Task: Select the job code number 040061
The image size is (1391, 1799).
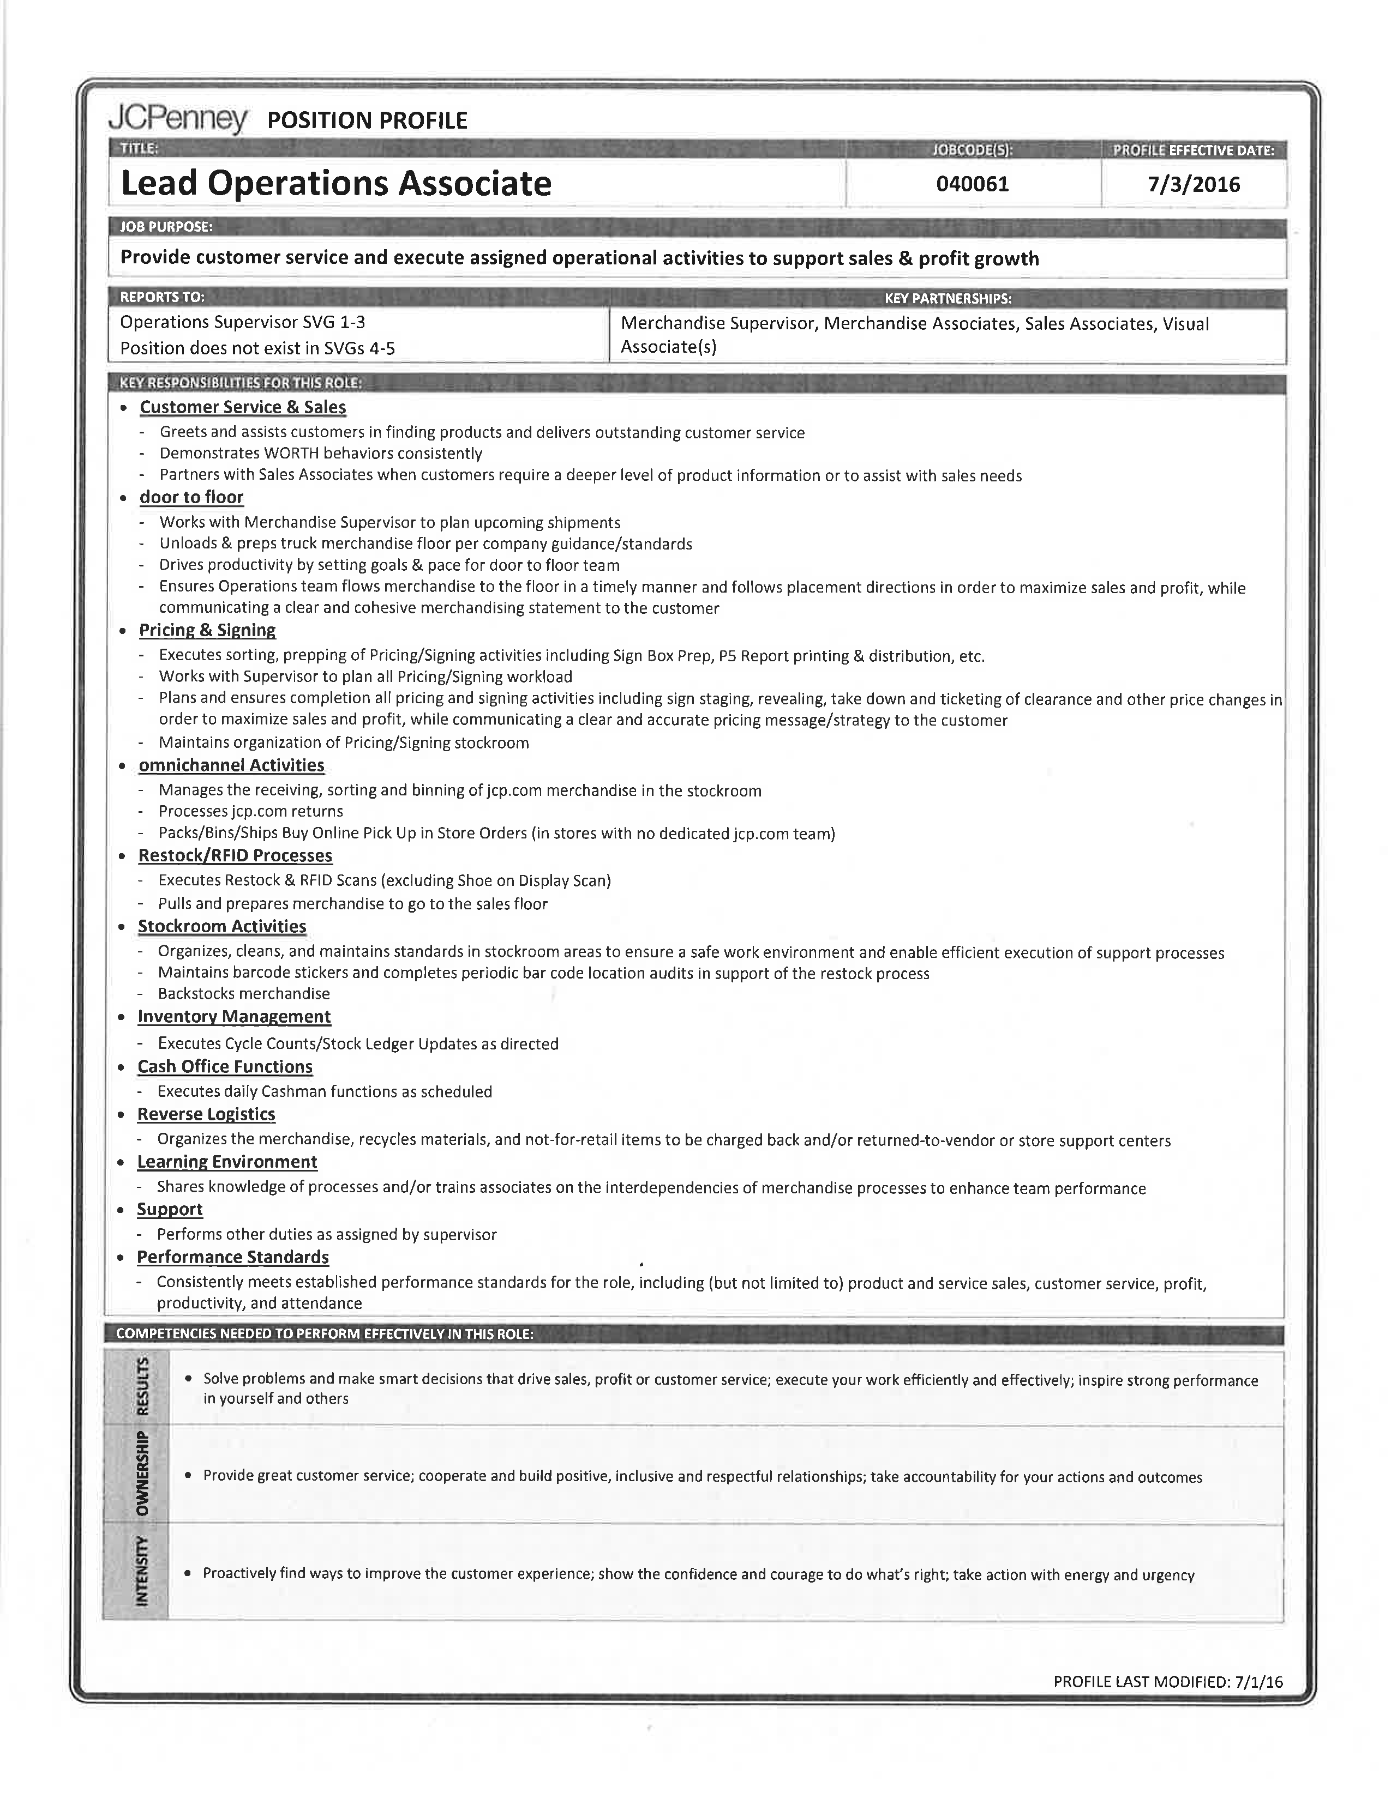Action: (973, 184)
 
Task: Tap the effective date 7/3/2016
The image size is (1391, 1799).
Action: (1193, 184)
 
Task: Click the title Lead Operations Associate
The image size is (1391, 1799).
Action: (336, 183)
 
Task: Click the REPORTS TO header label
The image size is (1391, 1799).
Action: (163, 297)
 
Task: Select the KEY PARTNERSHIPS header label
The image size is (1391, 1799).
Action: (948, 298)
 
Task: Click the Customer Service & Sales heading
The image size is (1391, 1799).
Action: (242, 407)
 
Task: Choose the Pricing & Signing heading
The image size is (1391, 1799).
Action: (207, 630)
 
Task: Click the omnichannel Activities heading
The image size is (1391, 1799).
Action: (231, 765)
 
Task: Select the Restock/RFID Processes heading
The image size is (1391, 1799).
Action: (235, 856)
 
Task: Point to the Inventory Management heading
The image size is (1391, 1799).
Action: (234, 1017)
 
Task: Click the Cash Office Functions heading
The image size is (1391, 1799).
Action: (225, 1067)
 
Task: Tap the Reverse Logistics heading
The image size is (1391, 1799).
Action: (206, 1114)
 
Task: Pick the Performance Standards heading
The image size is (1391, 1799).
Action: (232, 1257)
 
